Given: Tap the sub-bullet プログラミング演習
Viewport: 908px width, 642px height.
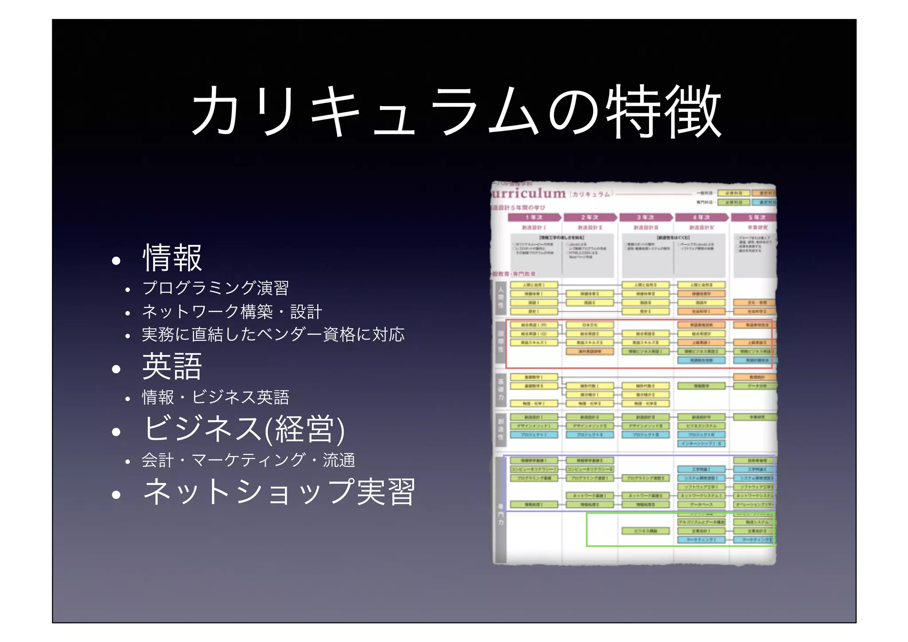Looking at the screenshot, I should tap(215, 288).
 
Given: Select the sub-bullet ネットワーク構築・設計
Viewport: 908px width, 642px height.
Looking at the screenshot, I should tap(231, 311).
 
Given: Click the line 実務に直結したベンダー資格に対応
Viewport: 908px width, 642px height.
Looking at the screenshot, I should tap(273, 335).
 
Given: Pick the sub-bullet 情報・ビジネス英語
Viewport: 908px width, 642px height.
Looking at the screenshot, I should tap(215, 397).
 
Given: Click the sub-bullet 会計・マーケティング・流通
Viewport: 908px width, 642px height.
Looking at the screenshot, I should tap(248, 460).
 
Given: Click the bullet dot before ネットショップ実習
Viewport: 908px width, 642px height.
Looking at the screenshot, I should tap(116, 494).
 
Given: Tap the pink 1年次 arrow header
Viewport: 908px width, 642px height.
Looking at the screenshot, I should tap(534, 217).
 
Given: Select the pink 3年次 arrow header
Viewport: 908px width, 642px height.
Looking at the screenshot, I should tap(646, 217).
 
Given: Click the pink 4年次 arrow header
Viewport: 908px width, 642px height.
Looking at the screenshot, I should tap(701, 217).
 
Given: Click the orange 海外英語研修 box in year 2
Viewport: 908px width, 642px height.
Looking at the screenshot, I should tap(590, 351).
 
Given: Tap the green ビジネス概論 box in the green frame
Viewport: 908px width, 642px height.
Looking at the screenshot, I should tap(645, 531).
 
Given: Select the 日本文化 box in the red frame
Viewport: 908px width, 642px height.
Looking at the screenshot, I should tap(590, 325).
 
